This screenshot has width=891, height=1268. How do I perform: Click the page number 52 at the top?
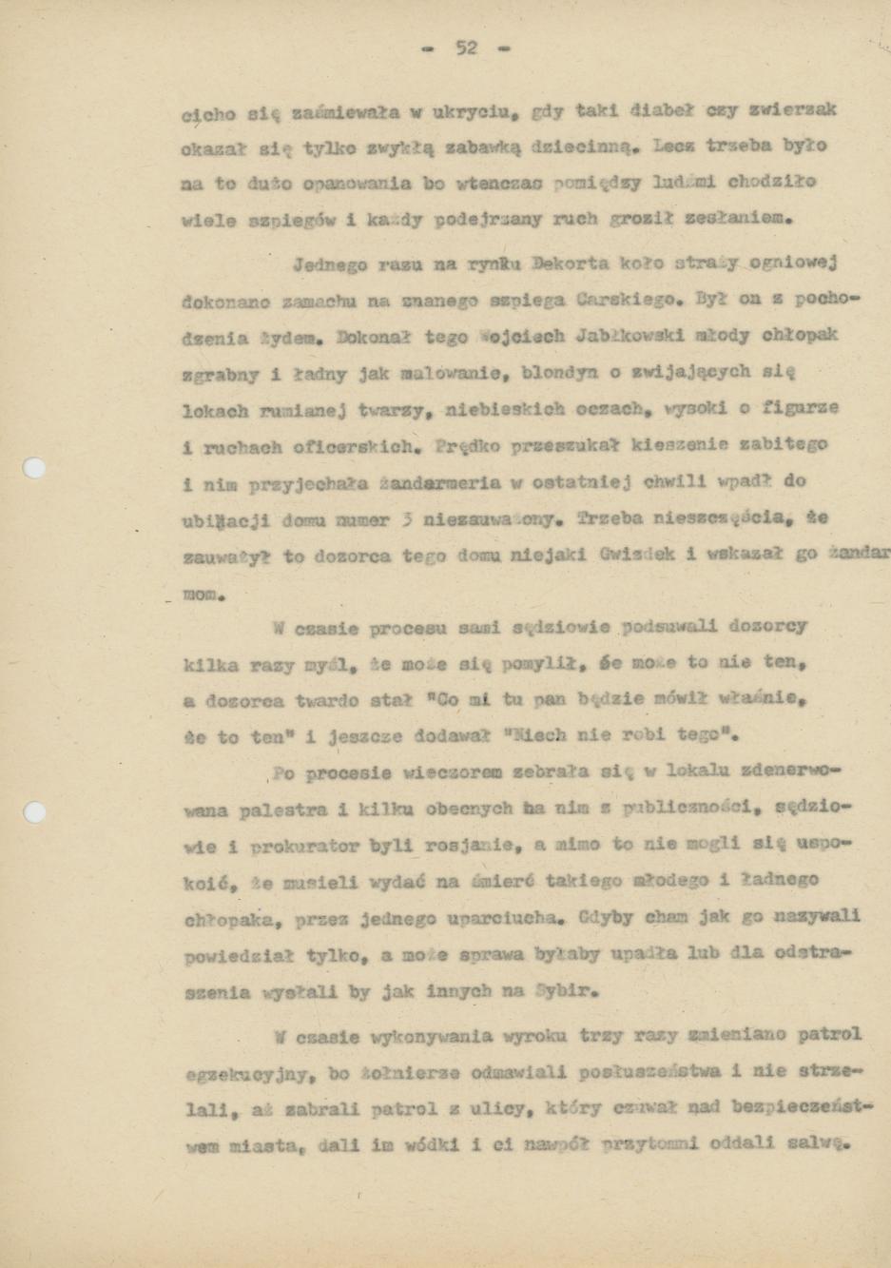465,48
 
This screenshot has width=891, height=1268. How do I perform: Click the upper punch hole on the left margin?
34,468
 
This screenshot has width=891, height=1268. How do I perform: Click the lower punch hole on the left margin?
34,811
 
